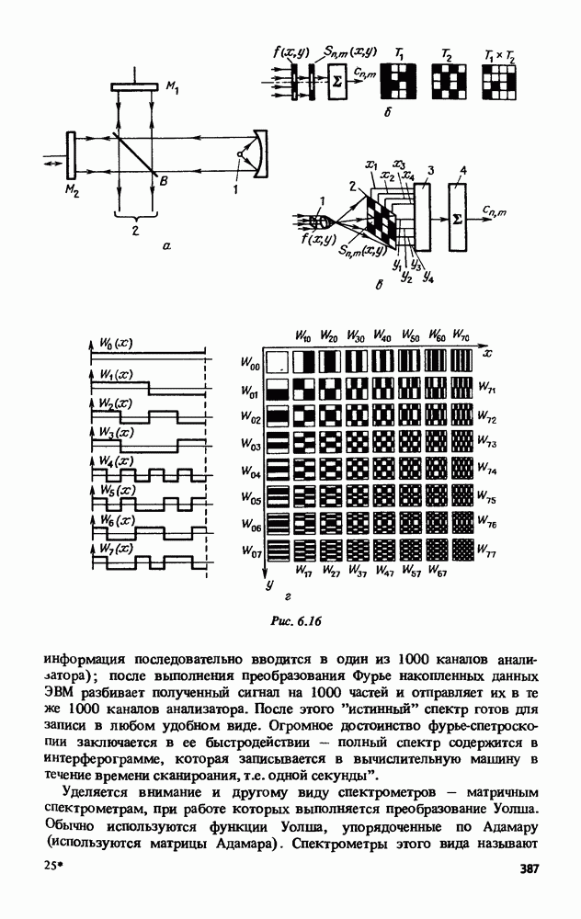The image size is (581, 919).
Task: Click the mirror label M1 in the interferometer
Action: [x=173, y=87]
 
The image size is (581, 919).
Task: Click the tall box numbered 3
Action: [x=424, y=219]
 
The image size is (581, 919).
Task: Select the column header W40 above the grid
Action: [x=382, y=335]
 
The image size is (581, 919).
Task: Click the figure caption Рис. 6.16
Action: [x=293, y=621]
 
